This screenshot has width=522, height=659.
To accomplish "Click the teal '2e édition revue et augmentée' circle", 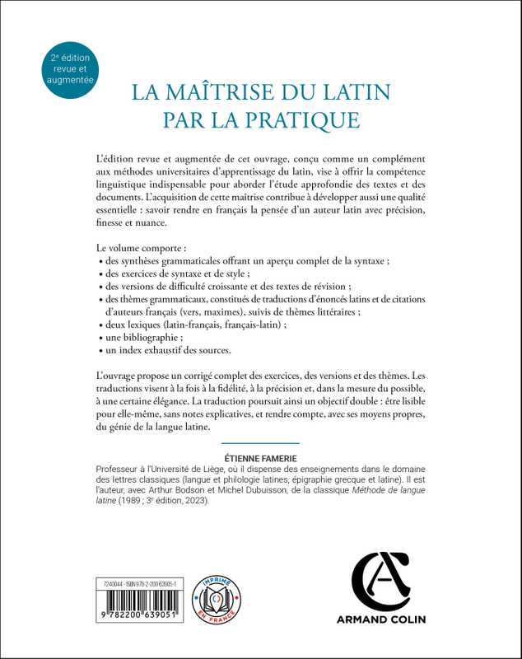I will [71, 71].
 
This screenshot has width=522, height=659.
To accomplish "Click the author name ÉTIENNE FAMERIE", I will [261, 456].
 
